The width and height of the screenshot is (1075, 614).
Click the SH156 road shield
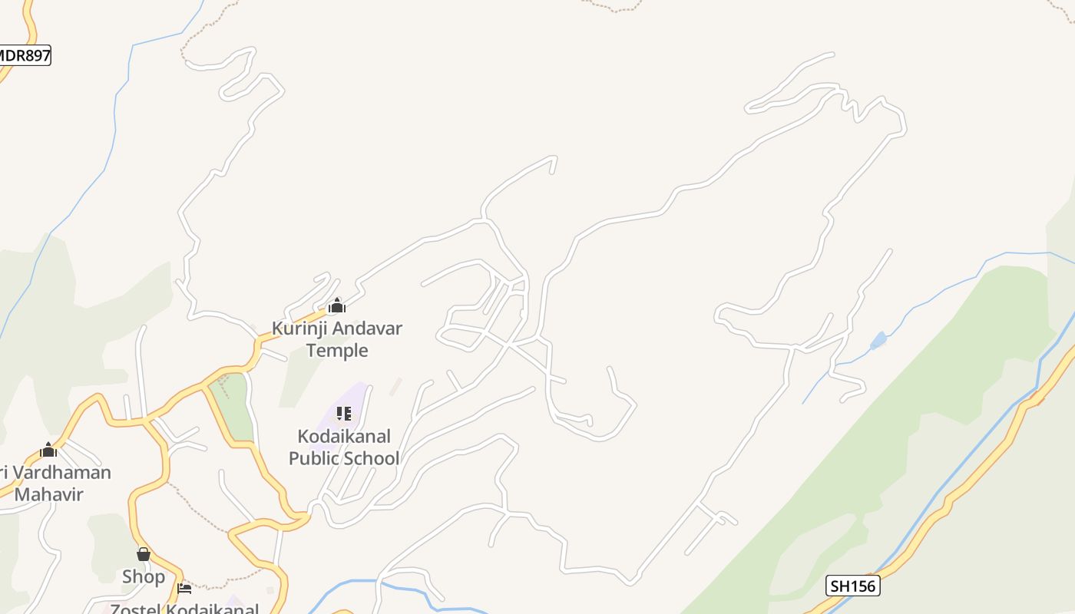coord(852,586)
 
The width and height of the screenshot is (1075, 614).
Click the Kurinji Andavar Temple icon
coord(336,306)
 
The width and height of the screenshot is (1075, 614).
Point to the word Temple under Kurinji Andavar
coord(337,351)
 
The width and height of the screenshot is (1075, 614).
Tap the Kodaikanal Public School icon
coord(344,414)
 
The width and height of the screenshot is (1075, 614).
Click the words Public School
coord(360,458)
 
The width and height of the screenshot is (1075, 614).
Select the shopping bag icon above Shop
coord(144,554)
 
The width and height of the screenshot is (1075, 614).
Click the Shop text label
coord(144,576)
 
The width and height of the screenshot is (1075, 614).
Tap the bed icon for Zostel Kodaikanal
coord(184,589)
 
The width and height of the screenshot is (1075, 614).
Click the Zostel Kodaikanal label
coord(184,609)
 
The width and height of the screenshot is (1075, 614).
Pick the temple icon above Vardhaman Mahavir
coord(48,450)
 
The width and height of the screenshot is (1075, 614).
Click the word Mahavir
coord(48,494)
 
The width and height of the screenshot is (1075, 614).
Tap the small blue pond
coord(878,339)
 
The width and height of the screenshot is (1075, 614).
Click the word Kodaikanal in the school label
coord(344,437)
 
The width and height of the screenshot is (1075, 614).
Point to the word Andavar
coord(367,328)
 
